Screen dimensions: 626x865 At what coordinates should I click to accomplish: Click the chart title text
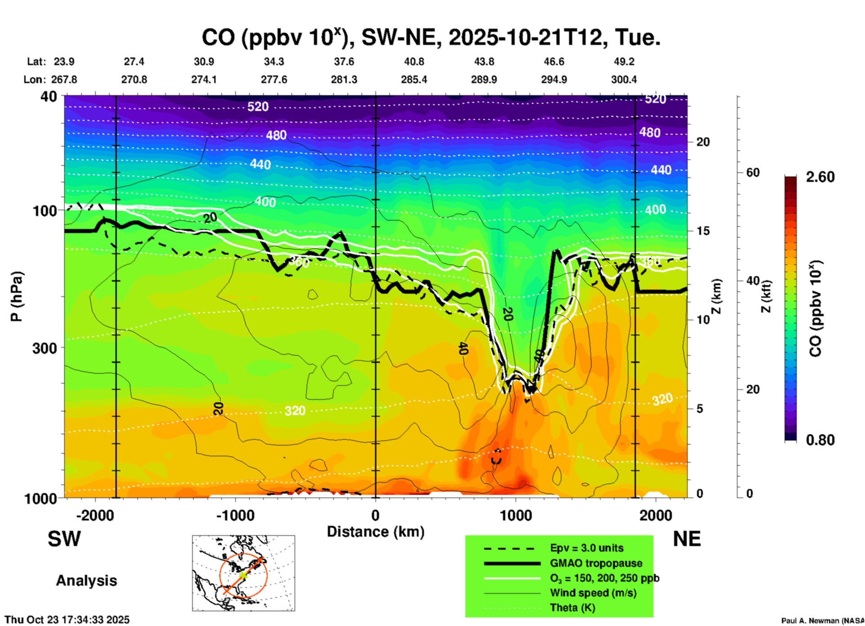coord(431,37)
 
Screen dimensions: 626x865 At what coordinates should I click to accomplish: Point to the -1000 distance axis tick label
coord(235,516)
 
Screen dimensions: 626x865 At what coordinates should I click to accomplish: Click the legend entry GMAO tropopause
coord(596,563)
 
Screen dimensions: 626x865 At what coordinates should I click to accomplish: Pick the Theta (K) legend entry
coord(572,608)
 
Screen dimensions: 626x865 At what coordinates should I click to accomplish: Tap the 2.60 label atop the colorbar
coord(820,177)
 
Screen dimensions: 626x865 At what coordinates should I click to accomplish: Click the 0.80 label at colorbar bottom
coord(820,440)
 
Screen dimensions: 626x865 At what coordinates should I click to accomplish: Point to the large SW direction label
coord(64,539)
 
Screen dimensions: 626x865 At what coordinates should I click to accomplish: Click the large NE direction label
coord(687,539)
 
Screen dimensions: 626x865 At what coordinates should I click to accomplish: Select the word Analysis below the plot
coord(86,581)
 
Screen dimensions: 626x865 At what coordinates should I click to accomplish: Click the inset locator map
coord(243,573)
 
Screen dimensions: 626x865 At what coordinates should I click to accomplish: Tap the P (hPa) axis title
coord(16,296)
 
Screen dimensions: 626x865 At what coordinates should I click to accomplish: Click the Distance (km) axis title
coord(375,532)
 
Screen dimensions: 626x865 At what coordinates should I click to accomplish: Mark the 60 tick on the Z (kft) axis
coord(753,172)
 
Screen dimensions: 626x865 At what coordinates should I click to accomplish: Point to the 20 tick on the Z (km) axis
coord(703,142)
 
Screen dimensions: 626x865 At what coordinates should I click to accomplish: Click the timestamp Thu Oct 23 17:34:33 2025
coord(67,620)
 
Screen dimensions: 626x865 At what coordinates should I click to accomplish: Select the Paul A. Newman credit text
coord(822,621)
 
